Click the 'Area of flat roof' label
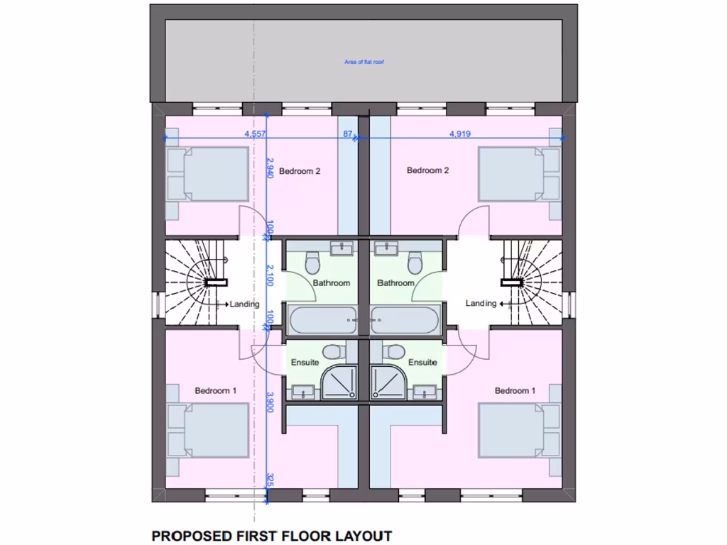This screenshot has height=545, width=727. coord(363,62)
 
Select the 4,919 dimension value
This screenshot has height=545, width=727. coord(460,133)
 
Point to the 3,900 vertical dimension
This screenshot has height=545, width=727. coord(270,402)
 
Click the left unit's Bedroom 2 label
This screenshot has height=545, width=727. coord(300,171)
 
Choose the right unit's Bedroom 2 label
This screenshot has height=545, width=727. coord(427,170)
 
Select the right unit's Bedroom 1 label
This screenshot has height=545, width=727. coord(515,391)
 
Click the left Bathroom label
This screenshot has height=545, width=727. coord(332,283)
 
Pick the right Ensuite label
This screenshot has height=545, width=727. coord(422,363)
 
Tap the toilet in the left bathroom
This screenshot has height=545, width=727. coord(312,263)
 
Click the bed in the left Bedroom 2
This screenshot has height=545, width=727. coord(207,175)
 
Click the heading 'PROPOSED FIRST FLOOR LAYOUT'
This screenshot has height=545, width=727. coord(272,536)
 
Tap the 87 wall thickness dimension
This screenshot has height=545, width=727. coord(348,133)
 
